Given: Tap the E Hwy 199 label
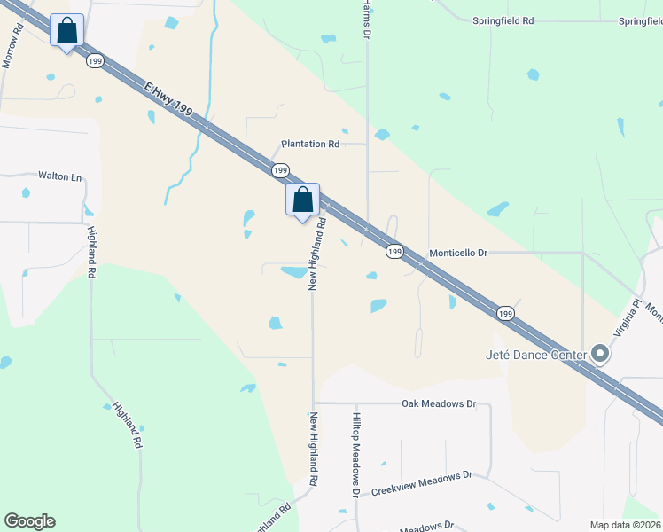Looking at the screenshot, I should point(168,98).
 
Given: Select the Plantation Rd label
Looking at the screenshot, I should point(310,144).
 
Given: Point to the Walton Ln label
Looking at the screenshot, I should point(59,176).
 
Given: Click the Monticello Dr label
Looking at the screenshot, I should point(459,253).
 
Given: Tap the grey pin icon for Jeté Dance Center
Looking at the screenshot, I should point(600,354).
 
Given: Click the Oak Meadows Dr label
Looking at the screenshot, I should point(439,403).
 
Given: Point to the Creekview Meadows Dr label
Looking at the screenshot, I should point(421,483).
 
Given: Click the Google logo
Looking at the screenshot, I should point(29,521).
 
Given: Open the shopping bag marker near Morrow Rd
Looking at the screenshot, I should point(67,31).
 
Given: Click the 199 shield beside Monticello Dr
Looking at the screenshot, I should point(395,252).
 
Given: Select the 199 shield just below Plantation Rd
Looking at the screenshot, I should point(280,169).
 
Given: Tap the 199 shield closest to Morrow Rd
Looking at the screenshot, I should point(95,61).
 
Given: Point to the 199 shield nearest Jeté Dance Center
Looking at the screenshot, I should point(504,313).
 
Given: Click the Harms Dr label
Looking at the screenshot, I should point(365,18).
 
